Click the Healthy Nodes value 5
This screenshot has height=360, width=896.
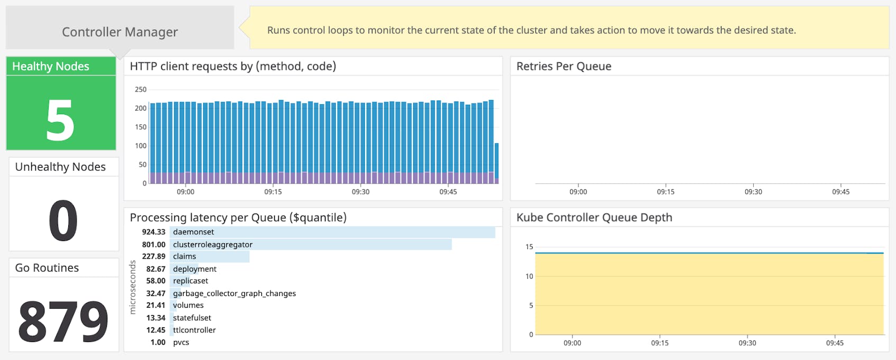click(60, 121)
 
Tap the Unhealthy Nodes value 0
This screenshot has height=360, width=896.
click(63, 220)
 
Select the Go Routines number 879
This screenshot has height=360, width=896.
click(63, 321)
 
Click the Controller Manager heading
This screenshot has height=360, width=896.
click(120, 32)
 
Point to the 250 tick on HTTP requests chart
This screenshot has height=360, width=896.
click(140, 89)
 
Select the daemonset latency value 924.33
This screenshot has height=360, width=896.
click(153, 232)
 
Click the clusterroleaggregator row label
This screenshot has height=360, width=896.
click(213, 245)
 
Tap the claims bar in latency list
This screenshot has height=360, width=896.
click(222, 256)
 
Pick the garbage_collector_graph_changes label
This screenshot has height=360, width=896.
click(234, 293)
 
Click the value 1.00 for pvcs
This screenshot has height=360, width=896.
click(158, 343)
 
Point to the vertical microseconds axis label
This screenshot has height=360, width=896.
click(133, 288)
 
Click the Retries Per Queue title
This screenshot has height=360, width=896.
click(564, 66)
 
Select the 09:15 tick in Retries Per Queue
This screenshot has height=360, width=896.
click(665, 192)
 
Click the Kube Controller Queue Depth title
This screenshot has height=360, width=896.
click(594, 217)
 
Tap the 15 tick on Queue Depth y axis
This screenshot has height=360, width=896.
click(529, 247)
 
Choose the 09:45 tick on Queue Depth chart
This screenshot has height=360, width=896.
click(835, 343)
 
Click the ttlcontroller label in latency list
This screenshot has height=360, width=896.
click(194, 330)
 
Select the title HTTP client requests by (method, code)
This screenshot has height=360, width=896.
click(233, 66)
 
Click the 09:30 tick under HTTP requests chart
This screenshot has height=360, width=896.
click(360, 192)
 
